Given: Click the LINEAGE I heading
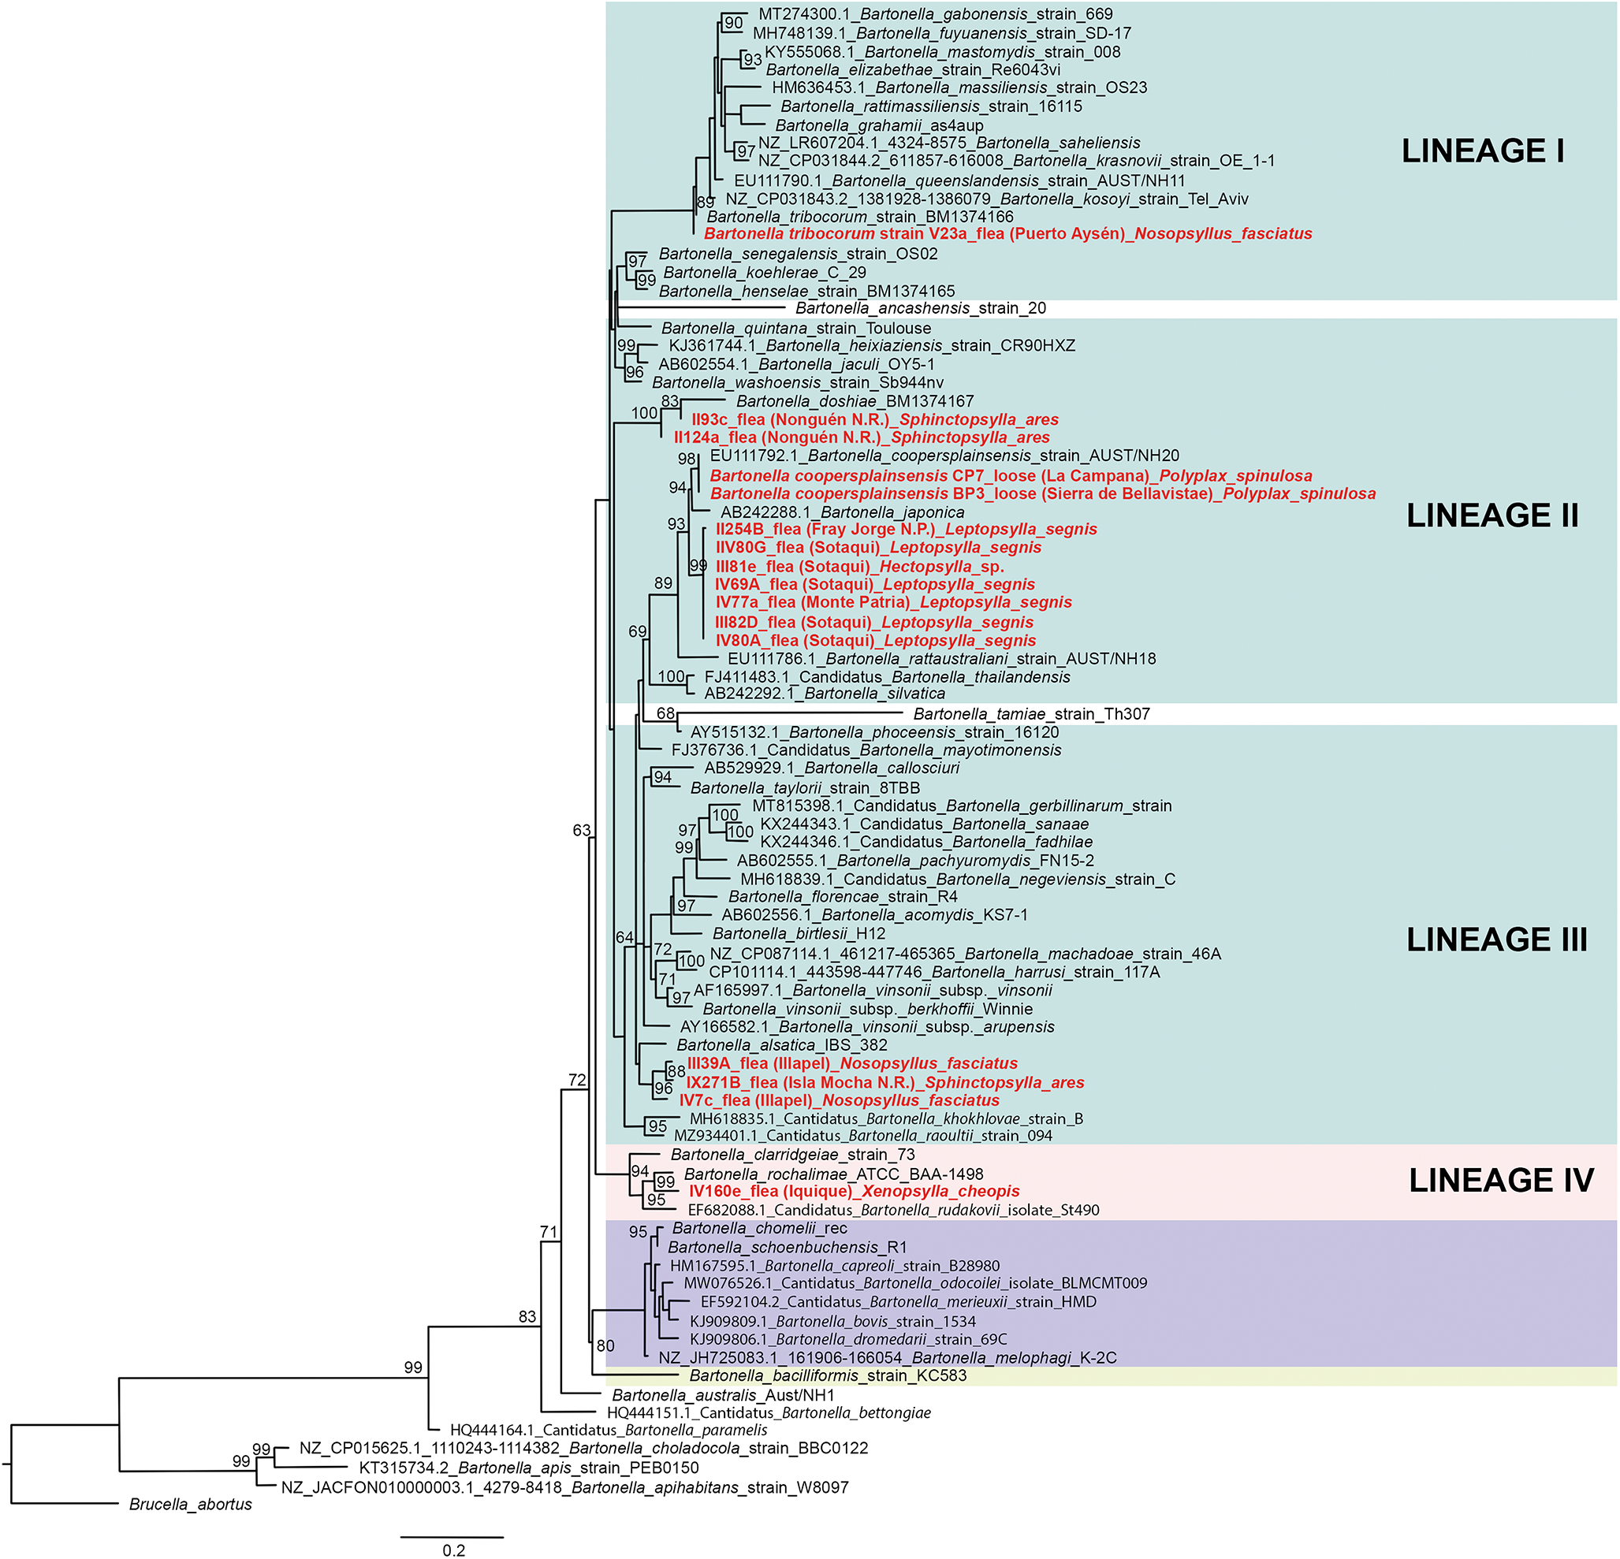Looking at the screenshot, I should pos(1482,151).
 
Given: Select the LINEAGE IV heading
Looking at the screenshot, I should pos(1500,1180).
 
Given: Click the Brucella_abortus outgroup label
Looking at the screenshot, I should pos(190,1505).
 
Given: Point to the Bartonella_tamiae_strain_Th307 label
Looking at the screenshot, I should pos(1030,714).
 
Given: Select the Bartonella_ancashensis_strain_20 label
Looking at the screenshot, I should pos(920,308).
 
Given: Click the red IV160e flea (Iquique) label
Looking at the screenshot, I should pos(854,1192).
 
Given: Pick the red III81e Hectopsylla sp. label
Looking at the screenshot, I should pos(858,567).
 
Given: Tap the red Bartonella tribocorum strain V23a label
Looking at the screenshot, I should pos(1007,234).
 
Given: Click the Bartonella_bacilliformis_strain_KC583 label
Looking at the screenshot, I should pos(828,1375).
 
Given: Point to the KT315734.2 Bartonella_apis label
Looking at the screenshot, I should pos(528,1468).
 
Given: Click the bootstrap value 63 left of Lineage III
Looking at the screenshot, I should pos(581,830).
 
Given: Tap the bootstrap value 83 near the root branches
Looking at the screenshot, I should pos(527,1317).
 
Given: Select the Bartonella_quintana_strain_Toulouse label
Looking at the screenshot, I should pos(795,328).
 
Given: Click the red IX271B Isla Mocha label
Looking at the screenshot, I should pos(884,1082).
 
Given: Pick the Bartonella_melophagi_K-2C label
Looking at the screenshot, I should pos(887,1357).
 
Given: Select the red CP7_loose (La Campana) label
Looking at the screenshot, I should pos(1010,476).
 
